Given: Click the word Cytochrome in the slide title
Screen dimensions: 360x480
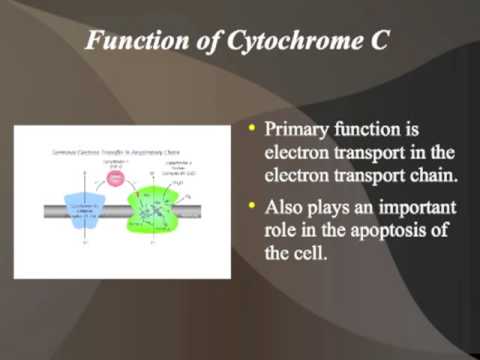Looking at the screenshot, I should point(302,43).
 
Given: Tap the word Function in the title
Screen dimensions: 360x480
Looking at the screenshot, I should point(130,43).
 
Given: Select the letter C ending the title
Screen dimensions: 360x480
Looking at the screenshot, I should point(383,43).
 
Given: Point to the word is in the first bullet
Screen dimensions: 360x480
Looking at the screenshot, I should point(411,131).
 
